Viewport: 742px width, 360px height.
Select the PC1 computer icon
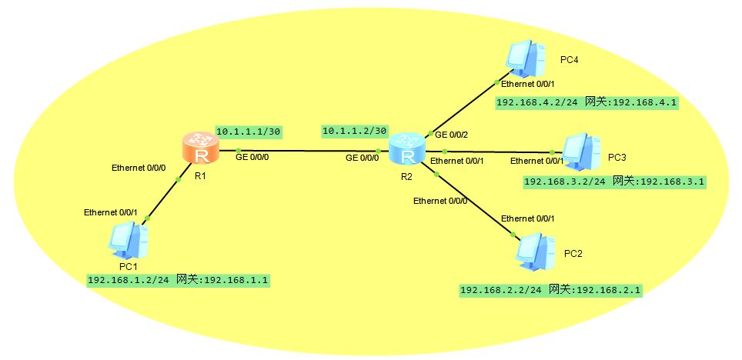(x=127, y=241)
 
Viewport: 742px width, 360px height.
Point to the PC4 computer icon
(x=526, y=58)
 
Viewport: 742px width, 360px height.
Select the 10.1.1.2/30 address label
(x=354, y=132)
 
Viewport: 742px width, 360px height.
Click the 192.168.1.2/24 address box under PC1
(x=179, y=280)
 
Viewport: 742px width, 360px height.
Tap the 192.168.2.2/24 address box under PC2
(x=550, y=290)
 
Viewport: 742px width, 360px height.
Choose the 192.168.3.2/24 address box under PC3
(x=614, y=182)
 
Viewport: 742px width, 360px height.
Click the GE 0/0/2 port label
(x=452, y=135)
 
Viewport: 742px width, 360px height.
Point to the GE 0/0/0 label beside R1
(x=252, y=158)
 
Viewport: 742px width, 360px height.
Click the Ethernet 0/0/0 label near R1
(x=138, y=167)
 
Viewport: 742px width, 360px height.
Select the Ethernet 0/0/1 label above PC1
(x=110, y=212)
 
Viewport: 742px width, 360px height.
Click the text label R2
(x=406, y=176)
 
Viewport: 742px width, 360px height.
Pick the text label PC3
(x=617, y=157)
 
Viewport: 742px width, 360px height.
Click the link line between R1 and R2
(x=308, y=150)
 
